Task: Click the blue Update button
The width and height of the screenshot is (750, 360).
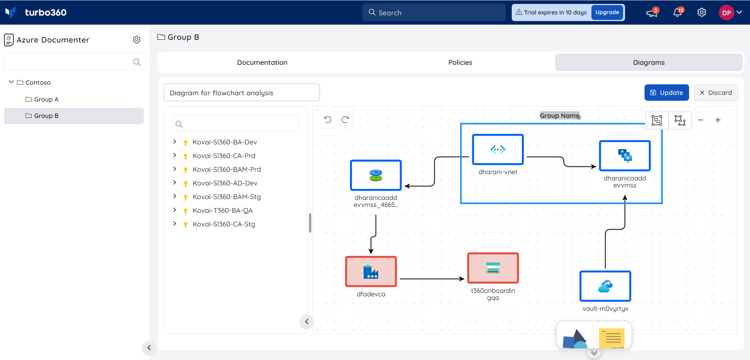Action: tap(666, 93)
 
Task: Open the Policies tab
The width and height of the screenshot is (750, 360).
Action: tap(460, 62)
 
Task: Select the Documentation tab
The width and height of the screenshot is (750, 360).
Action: tap(262, 62)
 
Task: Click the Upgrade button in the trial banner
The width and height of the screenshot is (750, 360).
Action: tap(607, 12)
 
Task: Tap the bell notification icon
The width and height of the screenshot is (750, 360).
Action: tap(678, 13)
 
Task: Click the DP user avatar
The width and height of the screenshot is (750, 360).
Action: tap(727, 12)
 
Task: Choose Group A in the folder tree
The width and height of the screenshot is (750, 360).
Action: tap(46, 99)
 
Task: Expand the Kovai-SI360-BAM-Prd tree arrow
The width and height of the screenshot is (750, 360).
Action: tap(175, 169)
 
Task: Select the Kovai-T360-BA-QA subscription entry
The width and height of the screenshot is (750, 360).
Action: tap(223, 210)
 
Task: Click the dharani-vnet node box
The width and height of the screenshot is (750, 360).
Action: tap(498, 150)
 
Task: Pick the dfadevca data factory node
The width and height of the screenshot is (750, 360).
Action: tap(371, 271)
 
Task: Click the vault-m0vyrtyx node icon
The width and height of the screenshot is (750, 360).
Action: tap(605, 286)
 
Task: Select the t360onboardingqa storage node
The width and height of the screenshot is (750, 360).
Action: tap(493, 268)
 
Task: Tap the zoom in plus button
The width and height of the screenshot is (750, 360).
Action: tap(718, 120)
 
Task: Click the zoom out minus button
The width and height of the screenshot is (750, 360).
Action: tap(700, 120)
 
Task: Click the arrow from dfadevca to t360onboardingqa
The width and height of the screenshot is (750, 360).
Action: tap(432, 279)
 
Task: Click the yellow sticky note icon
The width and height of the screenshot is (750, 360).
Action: tap(612, 338)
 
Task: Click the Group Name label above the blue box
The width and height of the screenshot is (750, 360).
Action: tap(559, 116)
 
